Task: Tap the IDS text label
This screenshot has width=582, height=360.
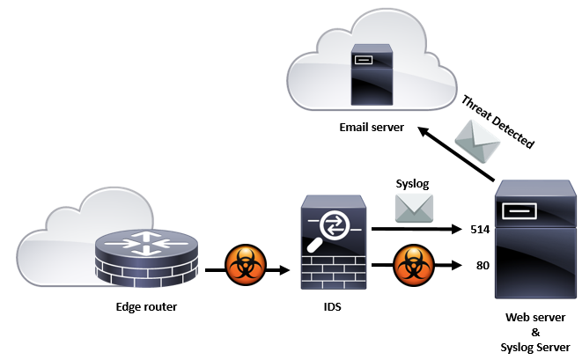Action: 332,307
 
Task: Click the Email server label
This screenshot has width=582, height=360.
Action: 372,128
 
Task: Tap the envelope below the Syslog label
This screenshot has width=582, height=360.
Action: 413,208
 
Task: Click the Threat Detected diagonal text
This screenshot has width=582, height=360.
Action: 497,120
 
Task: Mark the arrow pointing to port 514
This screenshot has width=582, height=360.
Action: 414,231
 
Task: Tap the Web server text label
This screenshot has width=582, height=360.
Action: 536,318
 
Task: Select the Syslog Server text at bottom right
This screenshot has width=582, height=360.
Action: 536,346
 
